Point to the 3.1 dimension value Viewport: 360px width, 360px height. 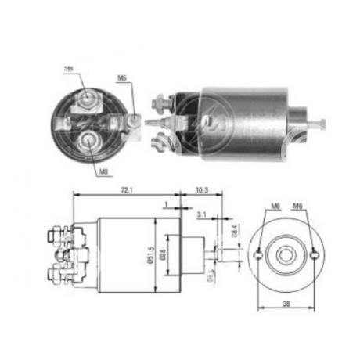pos(201,214)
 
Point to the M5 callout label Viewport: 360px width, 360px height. pos(121,78)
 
